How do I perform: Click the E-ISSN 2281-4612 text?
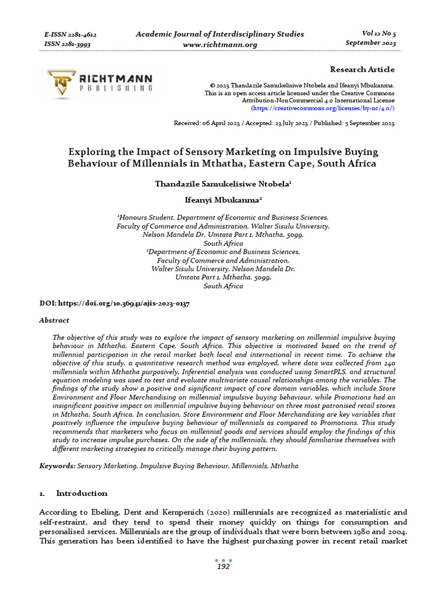point(70,34)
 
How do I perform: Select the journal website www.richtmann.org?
point(219,44)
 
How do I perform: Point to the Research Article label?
point(362,69)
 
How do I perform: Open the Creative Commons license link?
point(322,108)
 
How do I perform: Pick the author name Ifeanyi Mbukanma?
point(223,199)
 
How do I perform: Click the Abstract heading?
point(54,320)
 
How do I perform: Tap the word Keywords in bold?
point(57,466)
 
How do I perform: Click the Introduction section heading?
point(81,493)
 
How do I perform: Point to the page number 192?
point(223,566)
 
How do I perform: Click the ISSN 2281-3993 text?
point(68,44)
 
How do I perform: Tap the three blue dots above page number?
point(223,560)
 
